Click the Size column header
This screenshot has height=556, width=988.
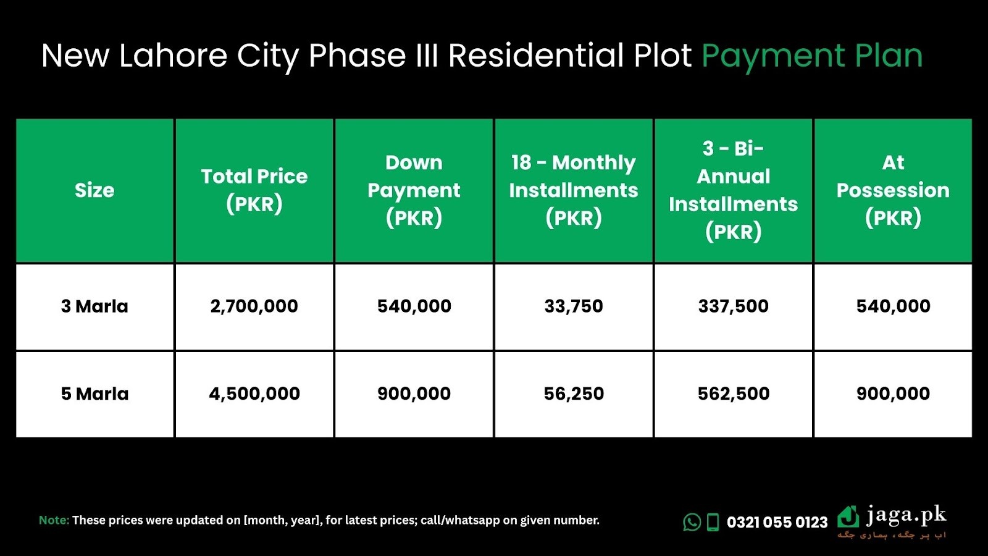(x=94, y=190)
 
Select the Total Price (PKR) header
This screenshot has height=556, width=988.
(x=254, y=190)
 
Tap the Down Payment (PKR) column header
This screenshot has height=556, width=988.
(x=414, y=190)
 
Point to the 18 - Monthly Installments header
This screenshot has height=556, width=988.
(x=574, y=190)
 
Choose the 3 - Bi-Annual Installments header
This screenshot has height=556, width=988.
(x=733, y=190)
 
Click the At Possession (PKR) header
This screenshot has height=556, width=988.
(x=893, y=190)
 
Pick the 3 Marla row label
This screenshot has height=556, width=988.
(x=94, y=306)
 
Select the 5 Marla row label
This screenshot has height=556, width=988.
(x=94, y=394)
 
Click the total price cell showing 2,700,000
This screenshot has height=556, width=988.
(x=254, y=306)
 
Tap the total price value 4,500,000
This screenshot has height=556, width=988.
(x=254, y=394)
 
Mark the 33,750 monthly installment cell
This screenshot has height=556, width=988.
(x=574, y=306)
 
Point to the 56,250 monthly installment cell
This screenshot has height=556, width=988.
(x=574, y=394)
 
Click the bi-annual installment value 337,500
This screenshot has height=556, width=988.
(x=733, y=306)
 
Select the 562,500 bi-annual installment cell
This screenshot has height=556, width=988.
(x=733, y=394)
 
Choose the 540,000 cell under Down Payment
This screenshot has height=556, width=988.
(x=414, y=306)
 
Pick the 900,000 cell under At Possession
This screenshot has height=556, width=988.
(x=893, y=394)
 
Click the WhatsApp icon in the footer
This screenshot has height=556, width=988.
(x=692, y=522)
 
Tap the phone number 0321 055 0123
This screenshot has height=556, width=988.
(x=777, y=523)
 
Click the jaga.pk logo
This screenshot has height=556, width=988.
(x=892, y=521)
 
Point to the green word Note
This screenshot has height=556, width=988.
(x=54, y=520)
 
